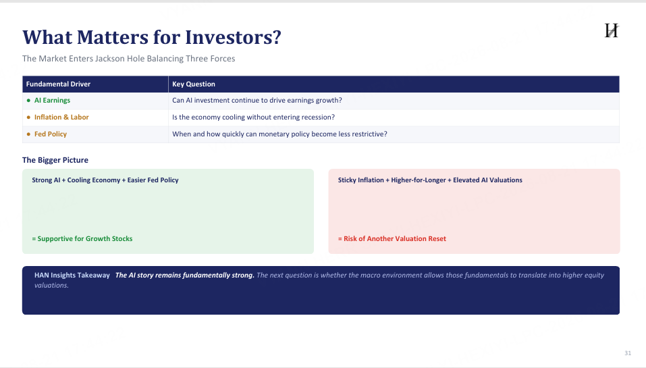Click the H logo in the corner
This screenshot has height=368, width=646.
pyautogui.click(x=612, y=30)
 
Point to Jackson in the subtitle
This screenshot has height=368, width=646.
pyautogui.click(x=109, y=59)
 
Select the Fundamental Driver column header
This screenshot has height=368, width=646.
pyautogui.click(x=58, y=84)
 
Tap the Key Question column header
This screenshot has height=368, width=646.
pyautogui.click(x=194, y=84)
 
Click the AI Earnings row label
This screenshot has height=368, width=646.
pyautogui.click(x=53, y=100)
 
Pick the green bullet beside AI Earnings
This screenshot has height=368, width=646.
pyautogui.click(x=28, y=100)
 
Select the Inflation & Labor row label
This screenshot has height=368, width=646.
pyautogui.click(x=61, y=117)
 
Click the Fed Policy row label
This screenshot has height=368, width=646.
pyautogui.click(x=50, y=134)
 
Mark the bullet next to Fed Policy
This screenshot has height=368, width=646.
pyautogui.click(x=28, y=134)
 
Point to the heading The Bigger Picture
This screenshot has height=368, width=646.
pyautogui.click(x=55, y=160)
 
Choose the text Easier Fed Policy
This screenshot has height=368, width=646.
pyautogui.click(x=153, y=180)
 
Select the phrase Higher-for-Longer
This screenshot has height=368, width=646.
pyautogui.click(x=418, y=180)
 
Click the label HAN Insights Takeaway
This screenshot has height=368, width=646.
pyautogui.click(x=72, y=275)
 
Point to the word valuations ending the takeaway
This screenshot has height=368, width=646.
pyautogui.click(x=51, y=285)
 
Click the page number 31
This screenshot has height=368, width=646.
pyautogui.click(x=628, y=352)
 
